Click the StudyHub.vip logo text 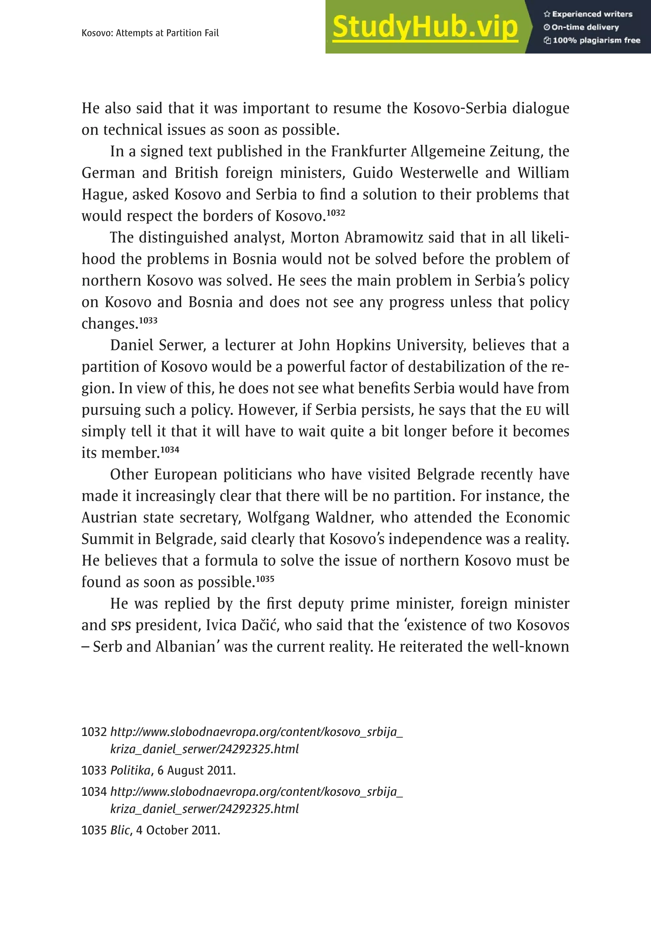(x=425, y=27)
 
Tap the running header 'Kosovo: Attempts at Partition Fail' (x=150, y=33)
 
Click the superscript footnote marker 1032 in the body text (x=336, y=212)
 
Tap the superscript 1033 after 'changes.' (x=148, y=320)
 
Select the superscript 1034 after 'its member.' (x=169, y=450)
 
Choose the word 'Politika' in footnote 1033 (x=130, y=770)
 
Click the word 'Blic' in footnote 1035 (x=120, y=830)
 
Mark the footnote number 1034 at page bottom (x=94, y=792)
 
